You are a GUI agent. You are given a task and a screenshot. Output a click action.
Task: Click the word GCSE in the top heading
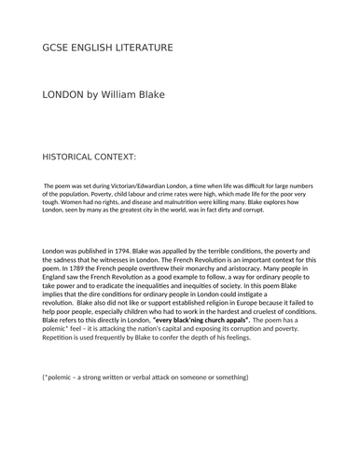click(57, 48)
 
